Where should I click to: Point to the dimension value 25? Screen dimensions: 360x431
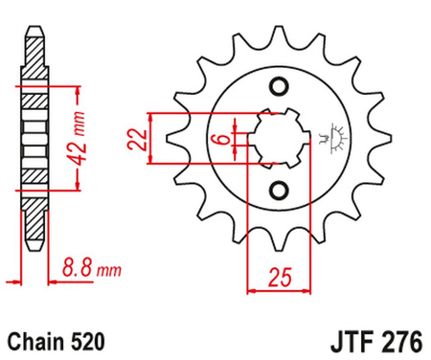click(281, 279)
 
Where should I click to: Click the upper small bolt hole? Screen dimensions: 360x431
click(280, 89)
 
